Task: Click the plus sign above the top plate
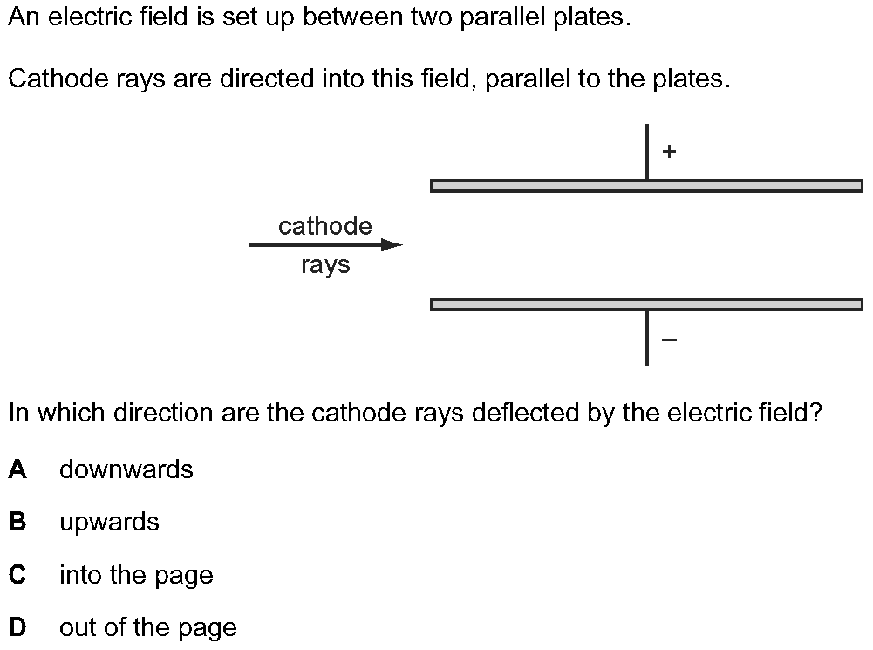point(669,152)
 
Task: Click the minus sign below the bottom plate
point(669,339)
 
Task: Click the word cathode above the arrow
point(325,227)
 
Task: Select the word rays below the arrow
point(325,265)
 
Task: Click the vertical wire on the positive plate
point(647,152)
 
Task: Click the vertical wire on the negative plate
point(647,338)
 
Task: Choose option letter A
point(17,469)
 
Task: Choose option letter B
point(17,522)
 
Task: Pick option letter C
point(17,575)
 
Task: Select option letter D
point(17,627)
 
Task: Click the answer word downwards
point(126,469)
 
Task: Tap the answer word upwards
point(110,523)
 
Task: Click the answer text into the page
point(136,576)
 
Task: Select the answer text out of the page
point(148,628)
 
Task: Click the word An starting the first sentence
point(24,18)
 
